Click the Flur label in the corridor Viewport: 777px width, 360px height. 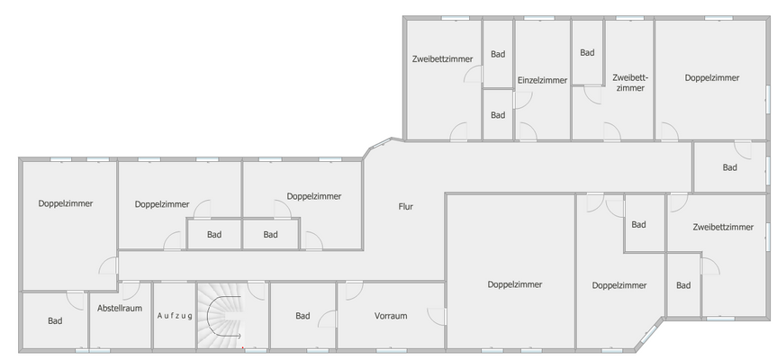[406, 206]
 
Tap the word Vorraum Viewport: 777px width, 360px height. [392, 316]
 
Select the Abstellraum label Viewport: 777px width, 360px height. [120, 308]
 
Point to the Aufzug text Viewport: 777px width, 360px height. [175, 316]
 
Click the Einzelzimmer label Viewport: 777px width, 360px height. [542, 80]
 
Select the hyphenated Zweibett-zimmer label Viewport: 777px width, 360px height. [630, 83]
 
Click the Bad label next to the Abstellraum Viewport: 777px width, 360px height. [55, 320]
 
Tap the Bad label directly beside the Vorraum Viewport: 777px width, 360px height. [303, 316]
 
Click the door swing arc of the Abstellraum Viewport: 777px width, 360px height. [129, 290]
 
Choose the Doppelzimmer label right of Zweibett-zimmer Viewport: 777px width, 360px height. [711, 78]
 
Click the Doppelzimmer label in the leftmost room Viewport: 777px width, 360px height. [66, 203]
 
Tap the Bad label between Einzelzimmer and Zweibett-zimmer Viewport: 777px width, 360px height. [587, 52]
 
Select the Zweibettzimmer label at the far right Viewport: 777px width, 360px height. [723, 227]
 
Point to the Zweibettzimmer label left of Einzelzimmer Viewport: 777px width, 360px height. [442, 58]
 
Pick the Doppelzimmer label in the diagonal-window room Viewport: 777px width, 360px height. [619, 285]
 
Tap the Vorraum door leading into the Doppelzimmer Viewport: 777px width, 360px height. [438, 317]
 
